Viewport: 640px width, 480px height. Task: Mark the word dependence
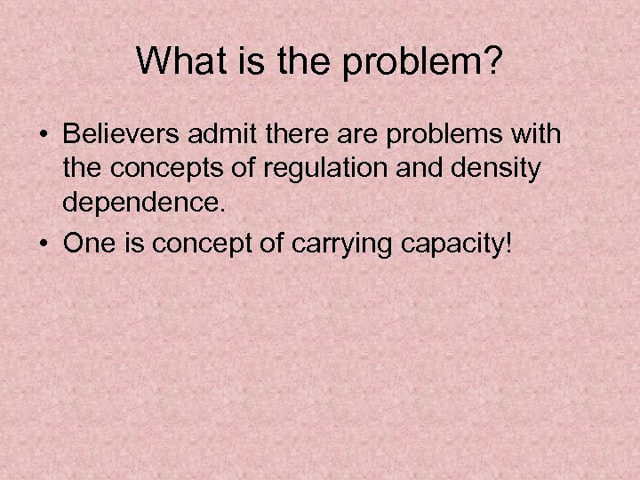140,204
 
